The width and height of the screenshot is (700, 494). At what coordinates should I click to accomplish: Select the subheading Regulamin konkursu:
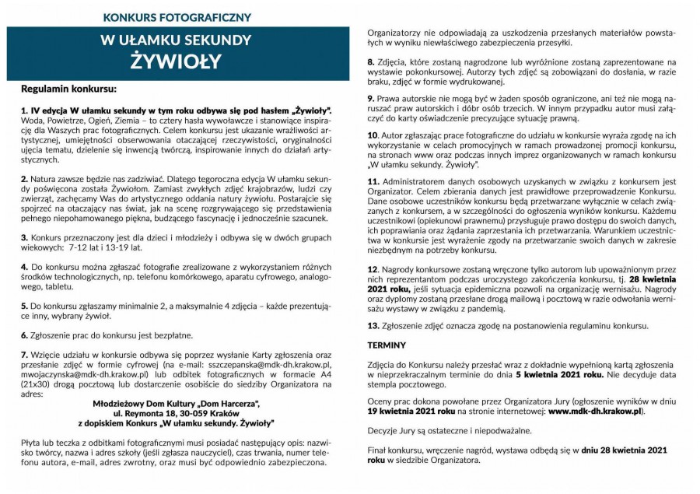69,89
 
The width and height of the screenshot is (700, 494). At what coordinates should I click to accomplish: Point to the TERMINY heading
387,345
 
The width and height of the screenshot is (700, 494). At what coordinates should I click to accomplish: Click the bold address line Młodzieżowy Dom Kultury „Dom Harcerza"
176,404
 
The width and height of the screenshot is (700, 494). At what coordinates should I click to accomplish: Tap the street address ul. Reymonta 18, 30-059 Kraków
176,414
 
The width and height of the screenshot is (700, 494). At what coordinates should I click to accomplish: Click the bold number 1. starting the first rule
24,111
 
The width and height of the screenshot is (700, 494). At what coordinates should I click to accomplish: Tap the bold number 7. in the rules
24,355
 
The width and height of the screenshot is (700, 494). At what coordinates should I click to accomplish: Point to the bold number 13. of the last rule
373,326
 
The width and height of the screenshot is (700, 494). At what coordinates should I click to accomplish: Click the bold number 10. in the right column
373,135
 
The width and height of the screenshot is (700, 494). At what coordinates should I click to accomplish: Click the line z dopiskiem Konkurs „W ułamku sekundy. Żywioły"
176,424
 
